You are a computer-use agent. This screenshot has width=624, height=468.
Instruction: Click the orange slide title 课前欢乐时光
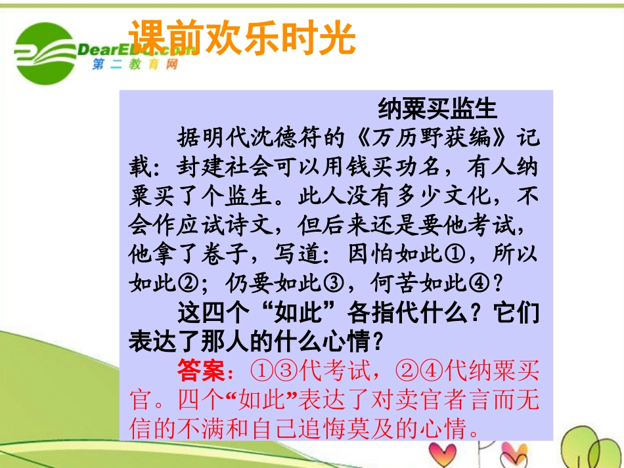tap(241, 38)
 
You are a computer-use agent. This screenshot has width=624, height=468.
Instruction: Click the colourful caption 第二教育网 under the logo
tap(135, 65)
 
